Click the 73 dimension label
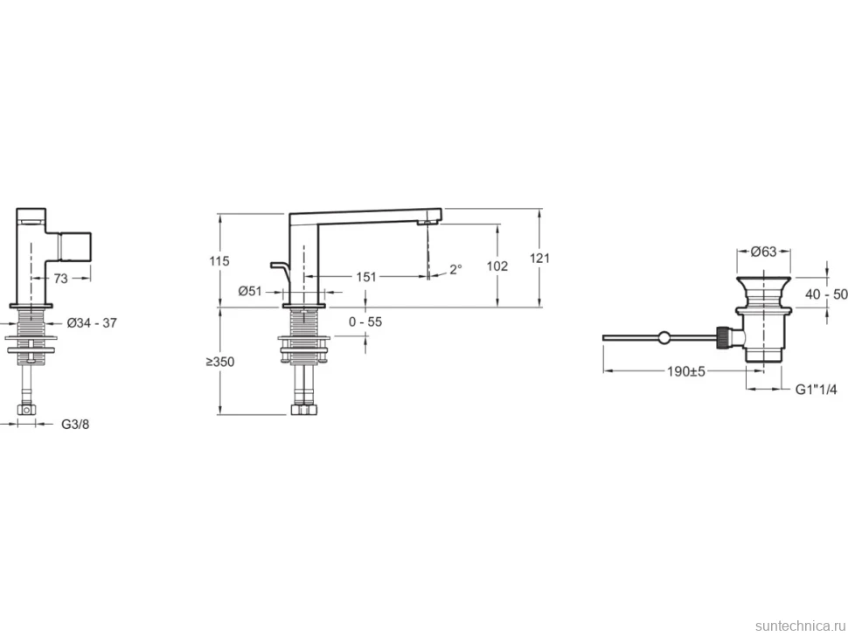click(x=60, y=278)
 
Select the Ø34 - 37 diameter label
click(x=92, y=323)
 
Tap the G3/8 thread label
click(x=75, y=425)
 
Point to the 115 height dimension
click(x=219, y=261)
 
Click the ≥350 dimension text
click(x=220, y=362)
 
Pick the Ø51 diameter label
click(x=250, y=291)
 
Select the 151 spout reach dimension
click(x=366, y=277)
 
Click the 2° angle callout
click(x=455, y=269)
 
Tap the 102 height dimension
click(x=497, y=266)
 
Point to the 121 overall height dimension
click(x=539, y=259)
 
